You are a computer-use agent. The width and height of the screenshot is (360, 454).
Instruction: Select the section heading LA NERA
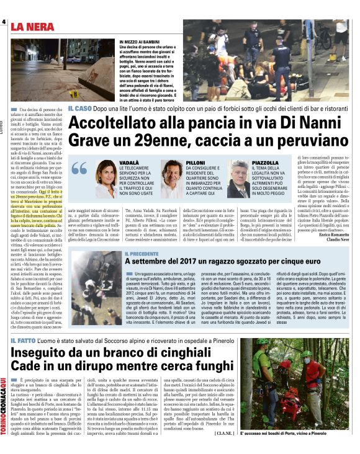(37, 27)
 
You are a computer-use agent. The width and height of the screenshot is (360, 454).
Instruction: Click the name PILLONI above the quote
(196, 161)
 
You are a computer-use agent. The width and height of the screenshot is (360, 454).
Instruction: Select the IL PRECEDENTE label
(147, 254)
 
